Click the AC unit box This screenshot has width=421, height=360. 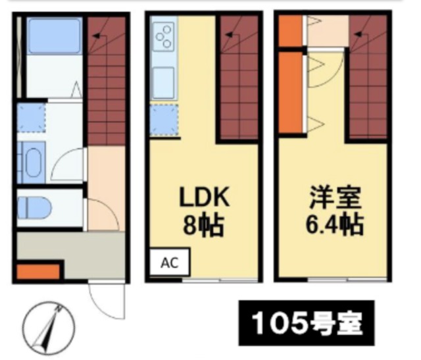(170, 262)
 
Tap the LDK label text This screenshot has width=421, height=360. (204, 197)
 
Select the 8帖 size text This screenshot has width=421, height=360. (203, 224)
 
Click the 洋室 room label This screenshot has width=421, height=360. (335, 198)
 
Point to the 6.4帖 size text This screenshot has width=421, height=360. (335, 224)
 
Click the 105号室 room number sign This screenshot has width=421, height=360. (307, 323)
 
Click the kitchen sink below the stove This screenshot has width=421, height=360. (163, 82)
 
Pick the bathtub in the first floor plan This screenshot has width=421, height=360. (55, 36)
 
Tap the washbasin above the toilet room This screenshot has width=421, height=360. (31, 163)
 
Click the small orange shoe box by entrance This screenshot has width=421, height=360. (38, 271)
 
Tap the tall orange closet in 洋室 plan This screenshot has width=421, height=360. (291, 92)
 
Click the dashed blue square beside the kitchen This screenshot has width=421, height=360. (164, 120)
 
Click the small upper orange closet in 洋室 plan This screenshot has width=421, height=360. (291, 31)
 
